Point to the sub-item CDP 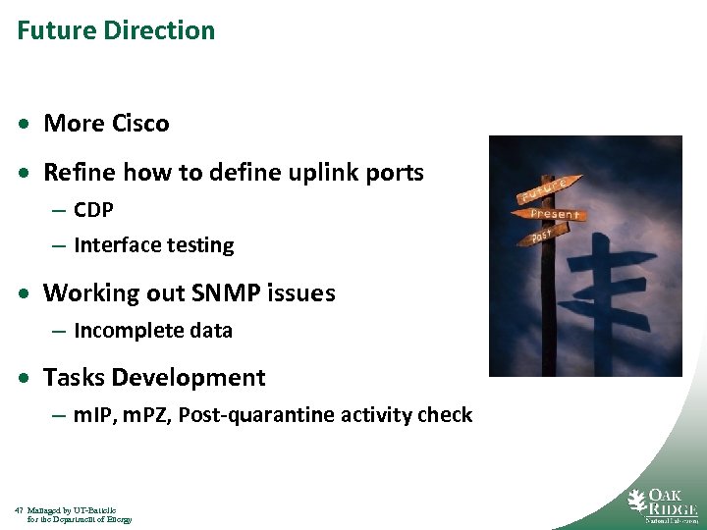pos(93,210)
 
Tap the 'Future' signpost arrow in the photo pos(543,190)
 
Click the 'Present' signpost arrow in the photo pos(555,213)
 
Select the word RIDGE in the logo pos(673,509)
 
